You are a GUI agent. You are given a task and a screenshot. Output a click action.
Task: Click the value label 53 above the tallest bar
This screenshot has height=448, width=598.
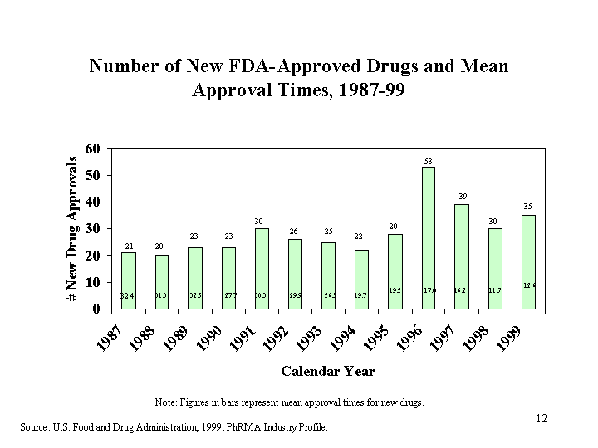429,160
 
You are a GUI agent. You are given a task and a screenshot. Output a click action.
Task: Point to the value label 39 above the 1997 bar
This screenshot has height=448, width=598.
462,197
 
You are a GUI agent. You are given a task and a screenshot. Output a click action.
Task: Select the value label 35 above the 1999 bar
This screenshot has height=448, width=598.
528,207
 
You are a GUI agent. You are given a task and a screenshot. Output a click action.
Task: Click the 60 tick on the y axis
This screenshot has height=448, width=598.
94,149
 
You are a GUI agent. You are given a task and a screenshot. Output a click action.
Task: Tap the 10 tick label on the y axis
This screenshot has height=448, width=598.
94,282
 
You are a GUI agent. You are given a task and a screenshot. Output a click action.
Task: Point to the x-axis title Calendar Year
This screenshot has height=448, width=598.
327,371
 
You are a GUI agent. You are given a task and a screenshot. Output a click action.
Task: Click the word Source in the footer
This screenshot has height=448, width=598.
36,428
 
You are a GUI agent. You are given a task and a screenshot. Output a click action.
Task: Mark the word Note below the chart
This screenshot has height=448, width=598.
164,402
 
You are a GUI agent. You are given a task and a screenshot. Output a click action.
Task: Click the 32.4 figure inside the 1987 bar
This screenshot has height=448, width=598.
128,295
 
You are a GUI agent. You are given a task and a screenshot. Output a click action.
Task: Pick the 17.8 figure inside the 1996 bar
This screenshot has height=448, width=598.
429,290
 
